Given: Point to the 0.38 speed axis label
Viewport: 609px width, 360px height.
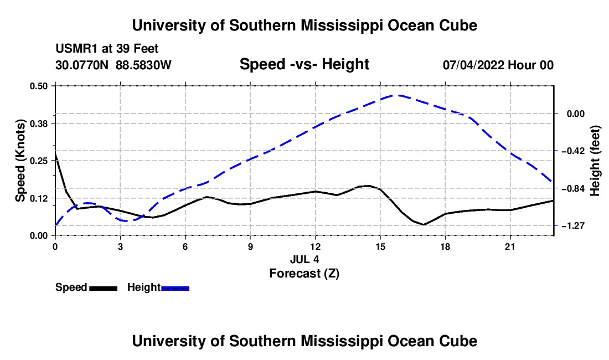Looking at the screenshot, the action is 39,124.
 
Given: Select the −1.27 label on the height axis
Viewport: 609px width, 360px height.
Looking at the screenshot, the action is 576,225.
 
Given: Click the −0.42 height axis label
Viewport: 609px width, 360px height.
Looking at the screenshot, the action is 576,151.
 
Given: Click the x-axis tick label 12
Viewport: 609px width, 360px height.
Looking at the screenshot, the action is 316,246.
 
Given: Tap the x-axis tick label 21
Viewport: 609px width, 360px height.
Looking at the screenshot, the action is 510,246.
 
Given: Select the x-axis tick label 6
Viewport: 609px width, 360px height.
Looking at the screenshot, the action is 185,246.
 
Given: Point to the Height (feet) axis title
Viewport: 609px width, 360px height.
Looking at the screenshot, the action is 595,161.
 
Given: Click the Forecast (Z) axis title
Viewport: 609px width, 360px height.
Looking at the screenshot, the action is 304,274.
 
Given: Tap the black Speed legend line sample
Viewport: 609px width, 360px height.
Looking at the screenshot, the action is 104,288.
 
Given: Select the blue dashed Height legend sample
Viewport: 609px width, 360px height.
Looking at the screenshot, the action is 175,288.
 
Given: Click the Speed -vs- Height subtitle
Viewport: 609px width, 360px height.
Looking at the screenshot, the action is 304,64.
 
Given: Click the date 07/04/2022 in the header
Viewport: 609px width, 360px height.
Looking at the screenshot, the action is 473,65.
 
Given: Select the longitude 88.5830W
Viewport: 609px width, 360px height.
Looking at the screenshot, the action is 143,65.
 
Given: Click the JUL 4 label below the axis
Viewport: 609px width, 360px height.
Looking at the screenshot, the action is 304,259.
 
